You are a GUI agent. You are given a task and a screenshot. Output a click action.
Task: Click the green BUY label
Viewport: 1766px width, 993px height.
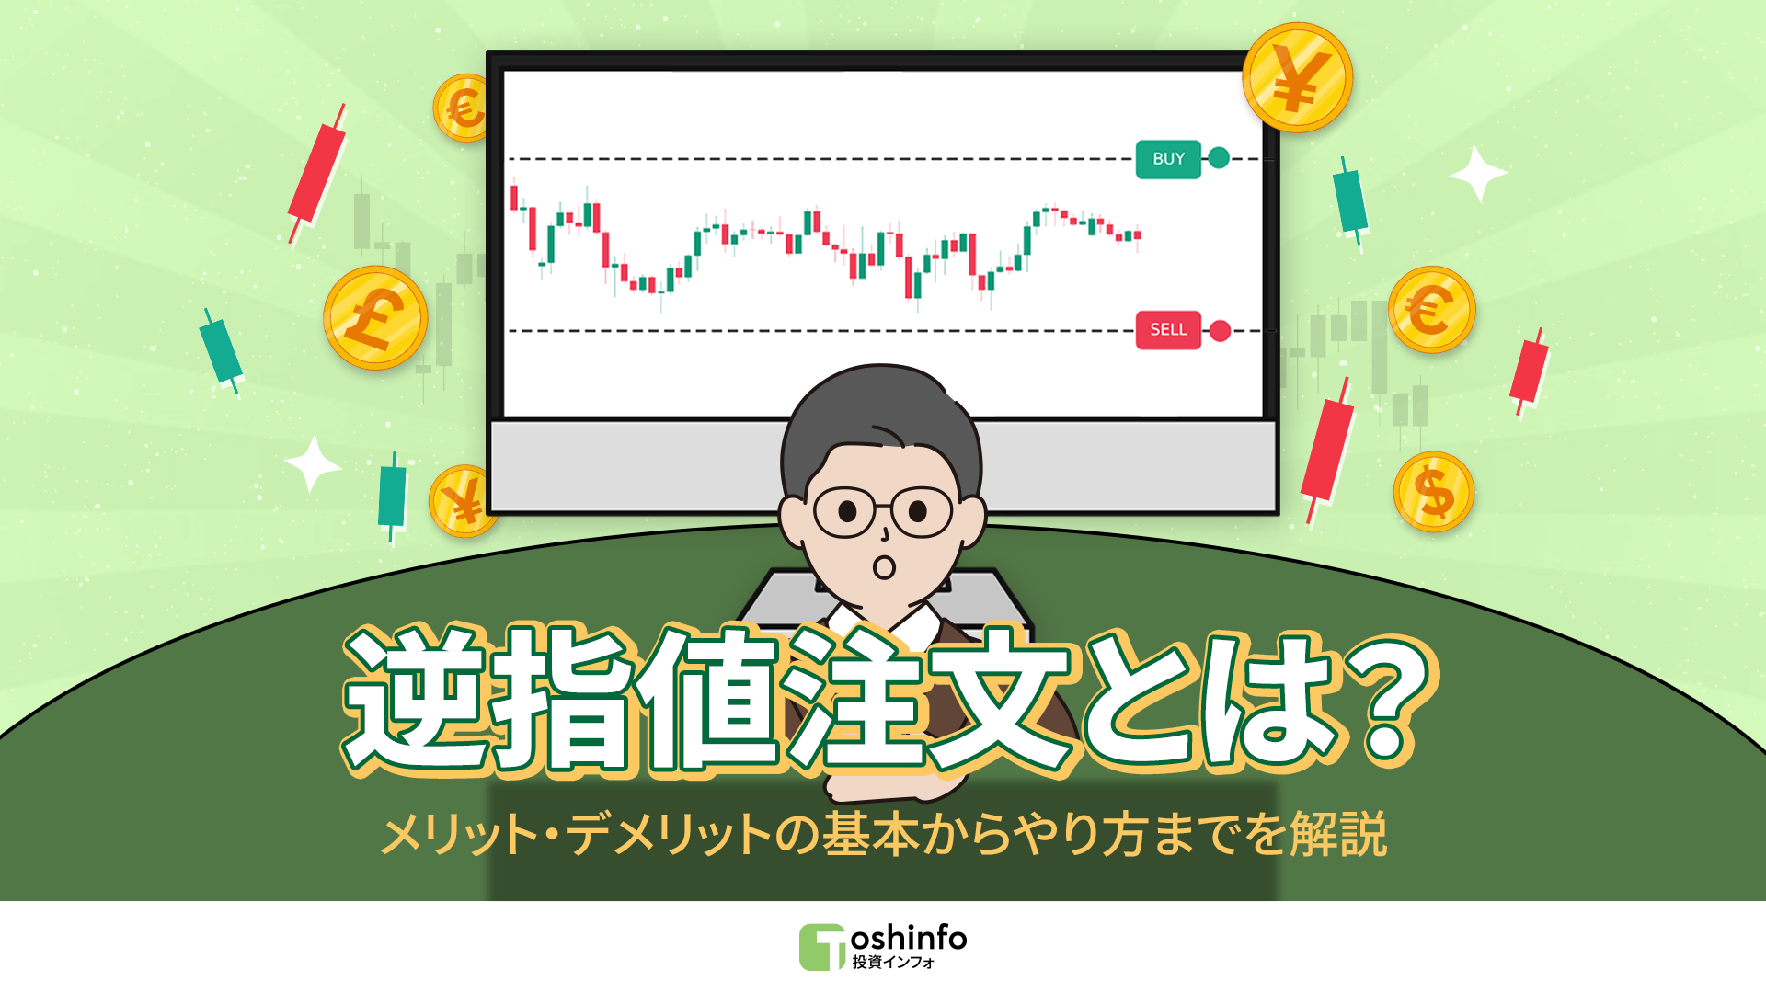point(1168,159)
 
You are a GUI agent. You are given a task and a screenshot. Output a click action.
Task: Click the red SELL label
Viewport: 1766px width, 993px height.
point(1168,330)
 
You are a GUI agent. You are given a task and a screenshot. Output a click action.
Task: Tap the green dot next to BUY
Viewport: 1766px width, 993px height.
point(1219,158)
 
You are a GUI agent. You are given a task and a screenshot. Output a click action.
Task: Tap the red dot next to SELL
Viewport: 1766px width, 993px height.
point(1220,331)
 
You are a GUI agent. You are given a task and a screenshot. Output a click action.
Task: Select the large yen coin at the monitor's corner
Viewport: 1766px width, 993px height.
point(1297,78)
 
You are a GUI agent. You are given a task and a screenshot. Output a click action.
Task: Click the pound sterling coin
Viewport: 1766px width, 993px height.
point(375,318)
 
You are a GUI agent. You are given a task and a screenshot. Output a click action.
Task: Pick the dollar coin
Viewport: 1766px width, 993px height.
point(1433,492)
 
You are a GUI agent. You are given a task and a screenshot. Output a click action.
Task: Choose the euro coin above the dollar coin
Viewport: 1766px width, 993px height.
point(1431,310)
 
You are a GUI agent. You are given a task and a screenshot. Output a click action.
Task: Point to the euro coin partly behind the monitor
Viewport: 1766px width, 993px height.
point(462,108)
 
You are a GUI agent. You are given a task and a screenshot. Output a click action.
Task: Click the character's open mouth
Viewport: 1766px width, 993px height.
point(884,567)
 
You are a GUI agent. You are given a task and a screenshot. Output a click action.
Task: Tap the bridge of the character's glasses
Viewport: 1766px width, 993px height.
point(883,508)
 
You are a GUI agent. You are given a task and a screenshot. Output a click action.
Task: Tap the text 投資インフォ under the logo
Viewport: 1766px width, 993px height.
point(893,963)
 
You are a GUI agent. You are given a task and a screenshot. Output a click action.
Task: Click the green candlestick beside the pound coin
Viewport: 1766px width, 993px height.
point(221,350)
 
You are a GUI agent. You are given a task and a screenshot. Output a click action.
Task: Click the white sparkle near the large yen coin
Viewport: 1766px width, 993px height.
point(1477,173)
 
